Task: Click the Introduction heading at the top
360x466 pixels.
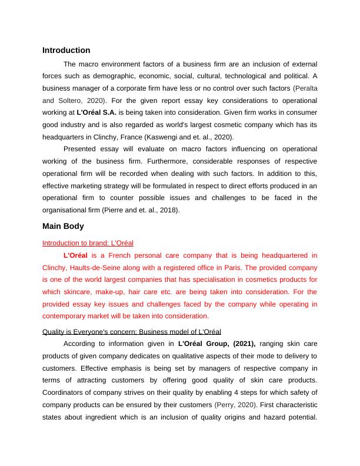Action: [66, 51]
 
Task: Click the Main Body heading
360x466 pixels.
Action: [63, 226]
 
